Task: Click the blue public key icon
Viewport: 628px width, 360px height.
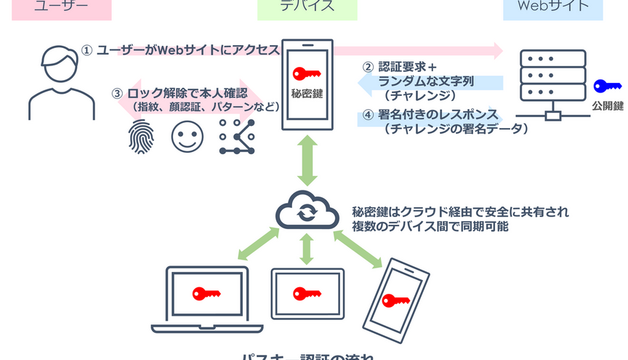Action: tap(606, 86)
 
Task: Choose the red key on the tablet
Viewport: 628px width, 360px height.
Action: tap(306, 293)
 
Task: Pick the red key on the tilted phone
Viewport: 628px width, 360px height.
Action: tap(396, 300)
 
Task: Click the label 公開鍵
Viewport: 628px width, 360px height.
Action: tap(608, 106)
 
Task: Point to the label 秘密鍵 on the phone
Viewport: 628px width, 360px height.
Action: tap(305, 94)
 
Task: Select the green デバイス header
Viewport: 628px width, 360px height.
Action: tap(307, 7)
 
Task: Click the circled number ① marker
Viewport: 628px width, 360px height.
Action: tap(87, 50)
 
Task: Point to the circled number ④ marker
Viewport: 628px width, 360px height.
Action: tap(368, 114)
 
